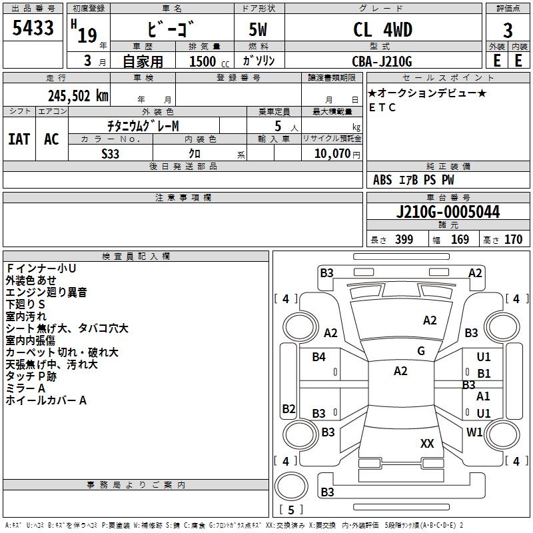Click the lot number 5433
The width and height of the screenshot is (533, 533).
[33, 29]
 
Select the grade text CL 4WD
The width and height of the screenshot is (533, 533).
[382, 30]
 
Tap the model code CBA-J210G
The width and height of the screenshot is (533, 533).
[382, 61]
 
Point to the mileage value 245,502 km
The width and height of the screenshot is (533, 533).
[78, 95]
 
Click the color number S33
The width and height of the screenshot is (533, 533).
[111, 153]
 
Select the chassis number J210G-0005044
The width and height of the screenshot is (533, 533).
[447, 213]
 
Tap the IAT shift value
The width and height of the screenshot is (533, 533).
[18, 139]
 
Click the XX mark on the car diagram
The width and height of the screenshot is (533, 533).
[427, 443]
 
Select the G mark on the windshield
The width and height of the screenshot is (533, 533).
[420, 351]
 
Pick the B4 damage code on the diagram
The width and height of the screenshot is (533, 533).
[319, 357]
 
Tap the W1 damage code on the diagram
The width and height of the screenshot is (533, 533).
[474, 432]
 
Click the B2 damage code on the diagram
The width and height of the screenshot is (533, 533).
[288, 408]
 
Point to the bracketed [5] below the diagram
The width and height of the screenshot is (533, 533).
[290, 510]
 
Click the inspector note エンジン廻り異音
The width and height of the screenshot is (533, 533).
[46, 292]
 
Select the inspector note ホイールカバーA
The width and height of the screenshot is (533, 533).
[46, 400]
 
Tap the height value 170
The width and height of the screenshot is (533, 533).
[513, 240]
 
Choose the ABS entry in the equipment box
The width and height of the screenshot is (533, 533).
[382, 180]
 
